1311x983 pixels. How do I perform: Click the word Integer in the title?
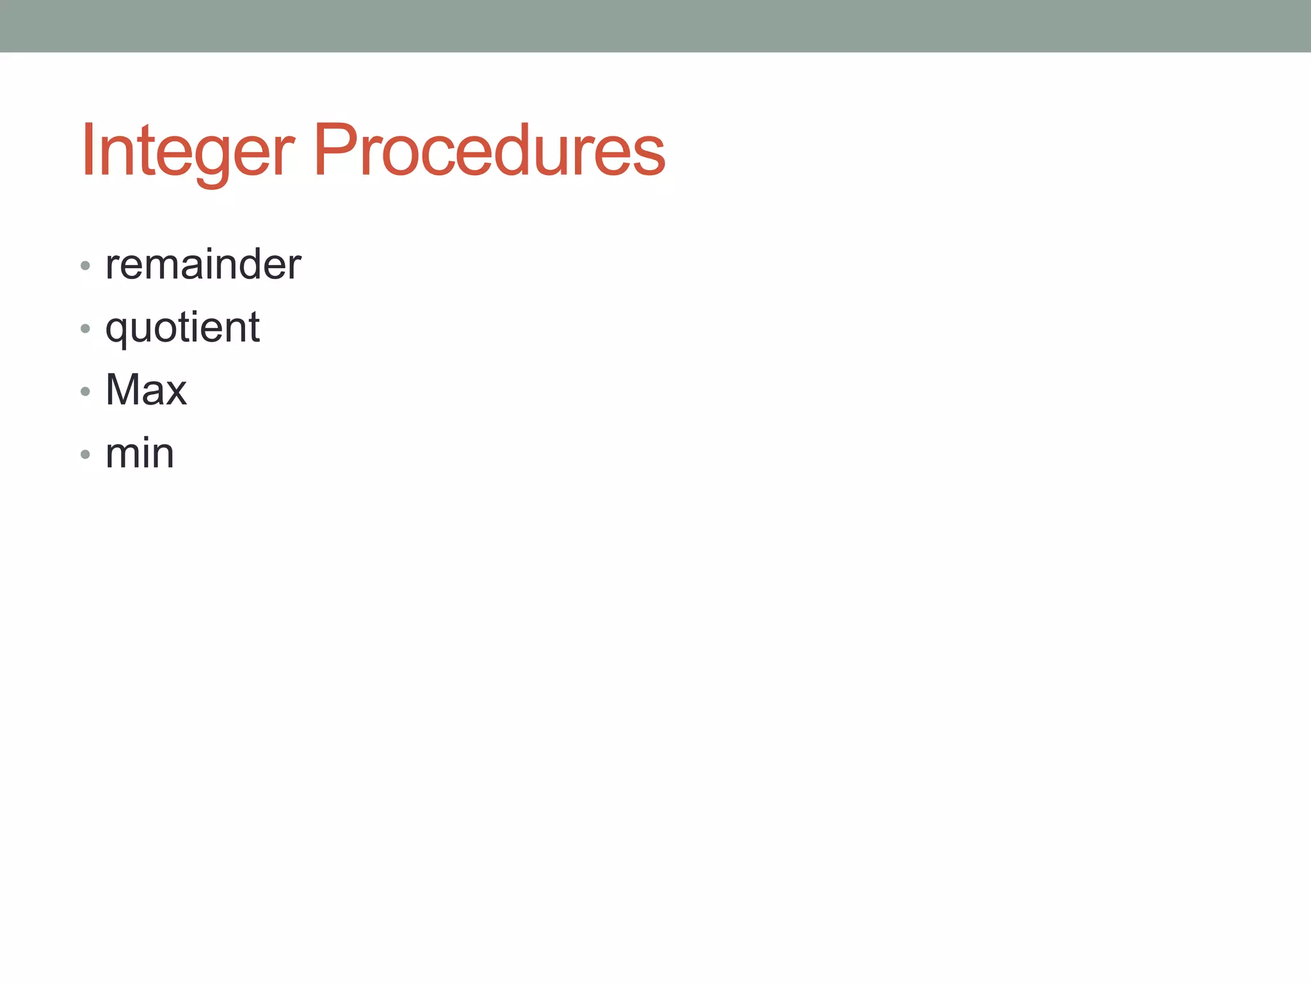[x=188, y=150]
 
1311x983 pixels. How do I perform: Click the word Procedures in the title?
[x=489, y=150]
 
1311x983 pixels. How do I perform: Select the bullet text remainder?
[x=203, y=264]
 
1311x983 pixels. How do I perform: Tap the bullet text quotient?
[x=182, y=328]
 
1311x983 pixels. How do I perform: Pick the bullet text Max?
[x=146, y=390]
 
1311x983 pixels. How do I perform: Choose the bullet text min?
[x=140, y=454]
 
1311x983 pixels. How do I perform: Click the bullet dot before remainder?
[x=85, y=265]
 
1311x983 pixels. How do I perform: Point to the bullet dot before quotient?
[x=85, y=328]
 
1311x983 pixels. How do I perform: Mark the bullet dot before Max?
[x=85, y=391]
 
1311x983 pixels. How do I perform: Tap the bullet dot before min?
[x=85, y=454]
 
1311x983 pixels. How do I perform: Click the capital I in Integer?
[x=88, y=150]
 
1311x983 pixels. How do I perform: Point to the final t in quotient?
[x=254, y=328]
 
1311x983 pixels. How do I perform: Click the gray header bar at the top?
[x=655, y=26]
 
